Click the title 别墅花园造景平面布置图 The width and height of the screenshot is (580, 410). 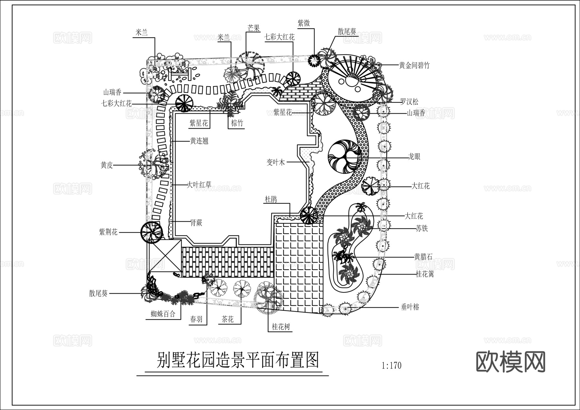coord(237,360)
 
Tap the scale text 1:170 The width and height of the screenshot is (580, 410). coord(391,366)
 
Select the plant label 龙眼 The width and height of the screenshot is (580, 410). coord(414,157)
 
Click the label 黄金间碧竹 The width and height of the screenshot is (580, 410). coord(414,65)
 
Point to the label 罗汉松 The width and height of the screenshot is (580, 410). coord(409,102)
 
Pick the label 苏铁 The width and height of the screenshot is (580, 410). coord(421,228)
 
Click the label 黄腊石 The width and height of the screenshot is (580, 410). coord(423,256)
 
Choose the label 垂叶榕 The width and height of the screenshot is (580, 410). coord(410,307)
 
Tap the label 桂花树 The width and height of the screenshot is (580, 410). coord(281,327)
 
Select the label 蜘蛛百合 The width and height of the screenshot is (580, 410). coord(163,314)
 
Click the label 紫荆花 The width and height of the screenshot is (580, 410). coord(108,232)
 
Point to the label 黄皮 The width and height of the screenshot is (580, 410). coord(107,165)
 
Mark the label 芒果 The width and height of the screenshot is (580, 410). coord(253,28)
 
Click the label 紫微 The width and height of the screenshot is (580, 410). coord(304,23)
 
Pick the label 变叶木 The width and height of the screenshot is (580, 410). coord(275,162)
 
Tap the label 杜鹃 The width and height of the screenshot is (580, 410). coord(271,199)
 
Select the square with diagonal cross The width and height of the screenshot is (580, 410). coord(165,256)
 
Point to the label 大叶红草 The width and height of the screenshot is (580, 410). coord(199,185)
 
